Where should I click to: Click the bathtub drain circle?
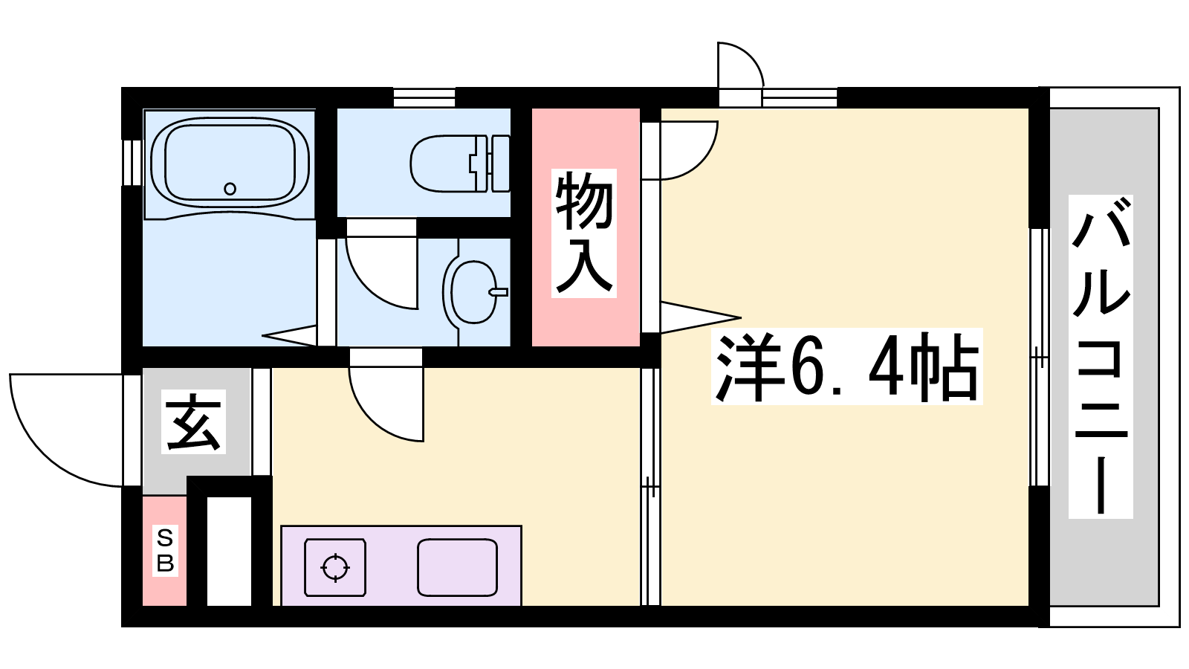(230, 189)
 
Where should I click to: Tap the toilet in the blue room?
(460, 164)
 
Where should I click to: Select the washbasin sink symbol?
(473, 291)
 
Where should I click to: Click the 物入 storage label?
(584, 233)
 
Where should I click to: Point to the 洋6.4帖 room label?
(846, 366)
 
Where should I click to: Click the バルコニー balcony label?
(1101, 357)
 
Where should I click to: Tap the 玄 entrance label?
(193, 421)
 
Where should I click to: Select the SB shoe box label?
(165, 551)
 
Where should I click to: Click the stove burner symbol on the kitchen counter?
(335, 568)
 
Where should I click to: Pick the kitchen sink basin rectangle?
(457, 568)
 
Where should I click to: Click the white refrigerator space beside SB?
(229, 551)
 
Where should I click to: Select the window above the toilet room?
(424, 97)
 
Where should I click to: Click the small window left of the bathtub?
(132, 162)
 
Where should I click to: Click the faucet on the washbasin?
(499, 292)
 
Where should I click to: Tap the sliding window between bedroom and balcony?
(1040, 358)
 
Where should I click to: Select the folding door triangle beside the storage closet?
(701, 317)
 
